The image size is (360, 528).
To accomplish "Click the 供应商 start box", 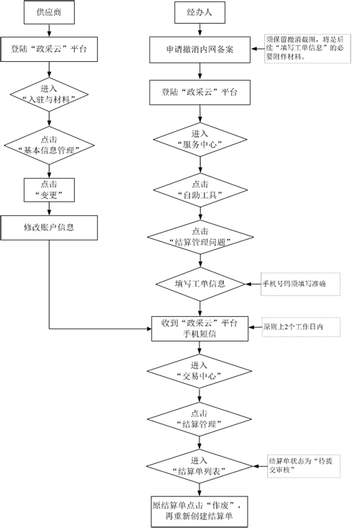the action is (x=49, y=12).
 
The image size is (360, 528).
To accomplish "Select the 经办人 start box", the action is (x=200, y=12).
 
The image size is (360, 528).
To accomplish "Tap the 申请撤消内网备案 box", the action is (x=200, y=50).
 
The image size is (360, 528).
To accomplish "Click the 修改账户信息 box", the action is (x=49, y=228).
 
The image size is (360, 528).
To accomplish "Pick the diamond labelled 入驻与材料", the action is (x=49, y=94).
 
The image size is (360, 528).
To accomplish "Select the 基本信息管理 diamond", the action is (x=49, y=146).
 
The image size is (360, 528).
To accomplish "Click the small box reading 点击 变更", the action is (x=49, y=190).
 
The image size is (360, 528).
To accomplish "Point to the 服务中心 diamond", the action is (x=200, y=140).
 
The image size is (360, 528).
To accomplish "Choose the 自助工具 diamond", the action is (x=201, y=190).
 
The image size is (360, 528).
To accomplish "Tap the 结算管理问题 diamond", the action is (x=201, y=237).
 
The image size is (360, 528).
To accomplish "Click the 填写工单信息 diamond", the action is (x=200, y=284).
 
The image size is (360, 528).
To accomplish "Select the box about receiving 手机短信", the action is (x=200, y=328).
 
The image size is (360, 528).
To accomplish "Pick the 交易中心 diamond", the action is (x=199, y=371).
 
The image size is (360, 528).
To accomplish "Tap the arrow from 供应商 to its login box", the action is (x=49, y=30).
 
